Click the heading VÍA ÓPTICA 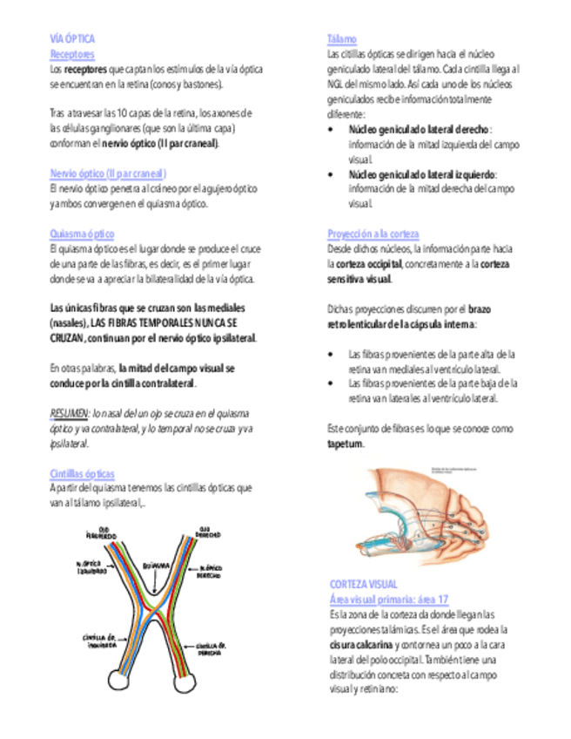click(72, 39)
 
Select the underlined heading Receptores click(72, 54)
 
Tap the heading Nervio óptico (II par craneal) click(108, 173)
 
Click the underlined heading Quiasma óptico click(82, 234)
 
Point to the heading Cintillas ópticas click(83, 473)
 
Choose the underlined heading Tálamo click(342, 40)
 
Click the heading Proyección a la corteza click(373, 234)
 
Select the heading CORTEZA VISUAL click(364, 584)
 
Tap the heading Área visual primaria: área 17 click(389, 599)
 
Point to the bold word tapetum click(345, 444)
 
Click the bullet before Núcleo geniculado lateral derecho click(331, 130)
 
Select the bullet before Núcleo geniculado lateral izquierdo click(331, 174)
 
